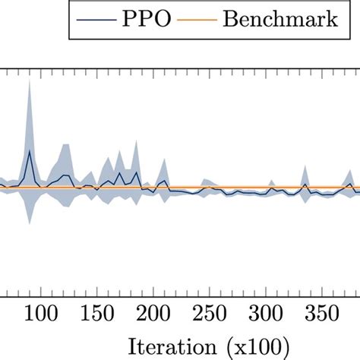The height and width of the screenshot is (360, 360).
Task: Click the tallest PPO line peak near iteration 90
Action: point(29,151)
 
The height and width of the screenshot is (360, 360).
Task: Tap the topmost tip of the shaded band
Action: point(29,80)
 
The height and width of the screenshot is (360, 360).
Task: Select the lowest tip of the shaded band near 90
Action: point(29,225)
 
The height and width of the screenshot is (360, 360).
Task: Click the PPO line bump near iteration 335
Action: point(305,184)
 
